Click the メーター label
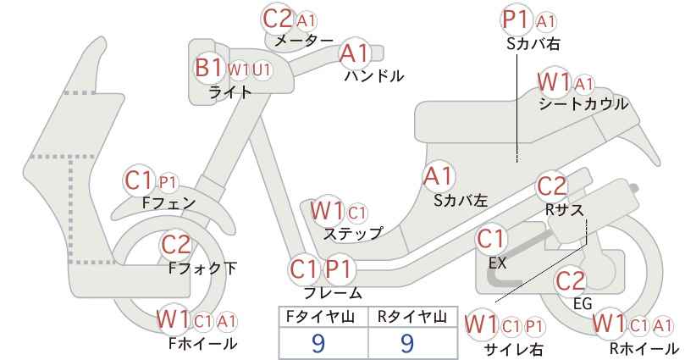point(304,41)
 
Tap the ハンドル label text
point(374,76)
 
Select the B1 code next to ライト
point(208,68)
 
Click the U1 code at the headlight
point(262,69)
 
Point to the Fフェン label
point(168,203)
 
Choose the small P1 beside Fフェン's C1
point(168,182)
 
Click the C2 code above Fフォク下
point(176,244)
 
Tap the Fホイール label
point(202,343)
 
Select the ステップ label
point(352,234)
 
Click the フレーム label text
point(333,293)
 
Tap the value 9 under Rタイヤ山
point(407,343)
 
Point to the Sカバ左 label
point(461,201)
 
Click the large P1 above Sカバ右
point(517,19)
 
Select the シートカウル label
point(583,104)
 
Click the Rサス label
point(565,209)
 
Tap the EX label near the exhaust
point(498,263)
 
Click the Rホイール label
point(644,348)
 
